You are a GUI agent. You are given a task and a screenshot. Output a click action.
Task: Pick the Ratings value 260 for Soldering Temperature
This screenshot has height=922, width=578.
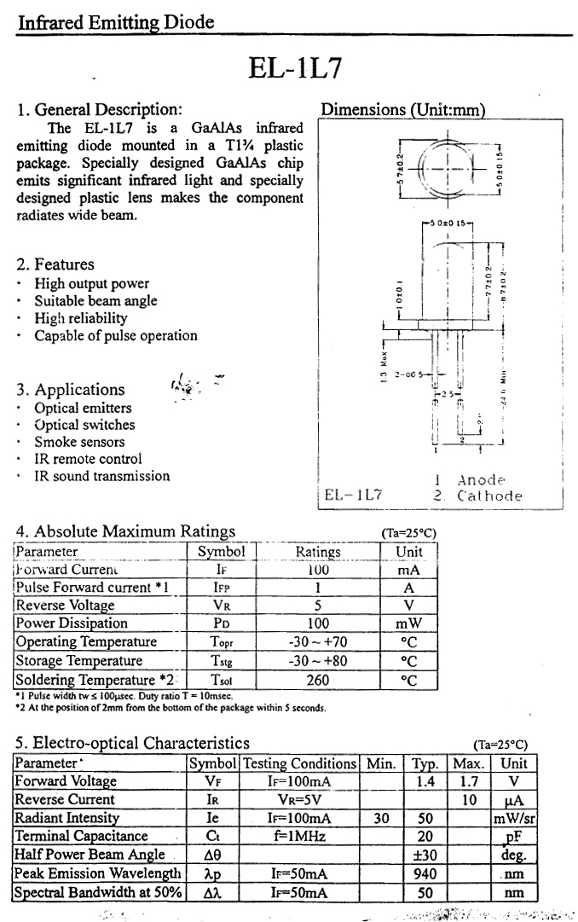[318, 680]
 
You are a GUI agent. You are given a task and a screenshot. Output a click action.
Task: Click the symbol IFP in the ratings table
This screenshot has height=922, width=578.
[221, 588]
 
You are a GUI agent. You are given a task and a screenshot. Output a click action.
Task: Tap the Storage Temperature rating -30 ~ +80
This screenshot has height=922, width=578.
[318, 661]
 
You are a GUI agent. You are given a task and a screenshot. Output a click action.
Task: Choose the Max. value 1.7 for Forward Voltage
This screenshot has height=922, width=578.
[468, 781]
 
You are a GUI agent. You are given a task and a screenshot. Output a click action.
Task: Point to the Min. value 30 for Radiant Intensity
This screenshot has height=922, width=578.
[381, 819]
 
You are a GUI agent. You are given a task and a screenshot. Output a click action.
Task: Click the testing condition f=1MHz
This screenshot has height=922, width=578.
[299, 837]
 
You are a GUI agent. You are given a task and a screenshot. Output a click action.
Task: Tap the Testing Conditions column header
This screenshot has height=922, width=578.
[299, 763]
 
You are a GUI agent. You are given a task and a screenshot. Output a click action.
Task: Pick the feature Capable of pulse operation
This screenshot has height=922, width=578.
[116, 336]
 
